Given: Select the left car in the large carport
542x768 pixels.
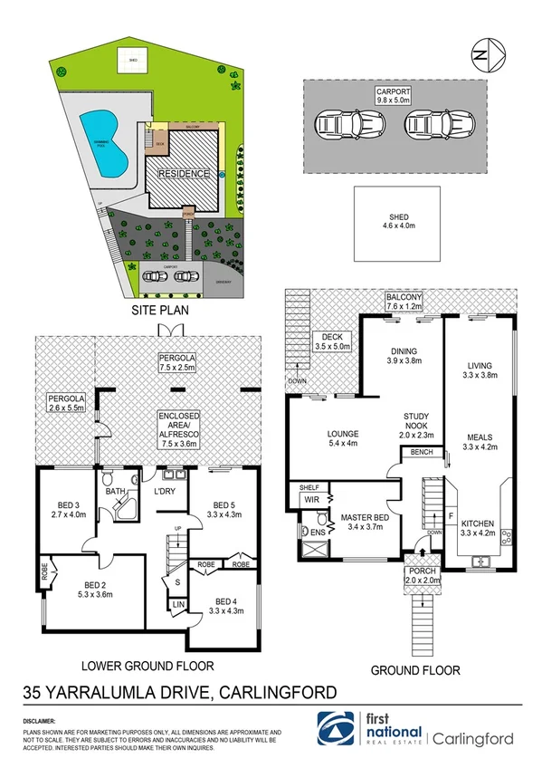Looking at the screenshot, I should (335, 127).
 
